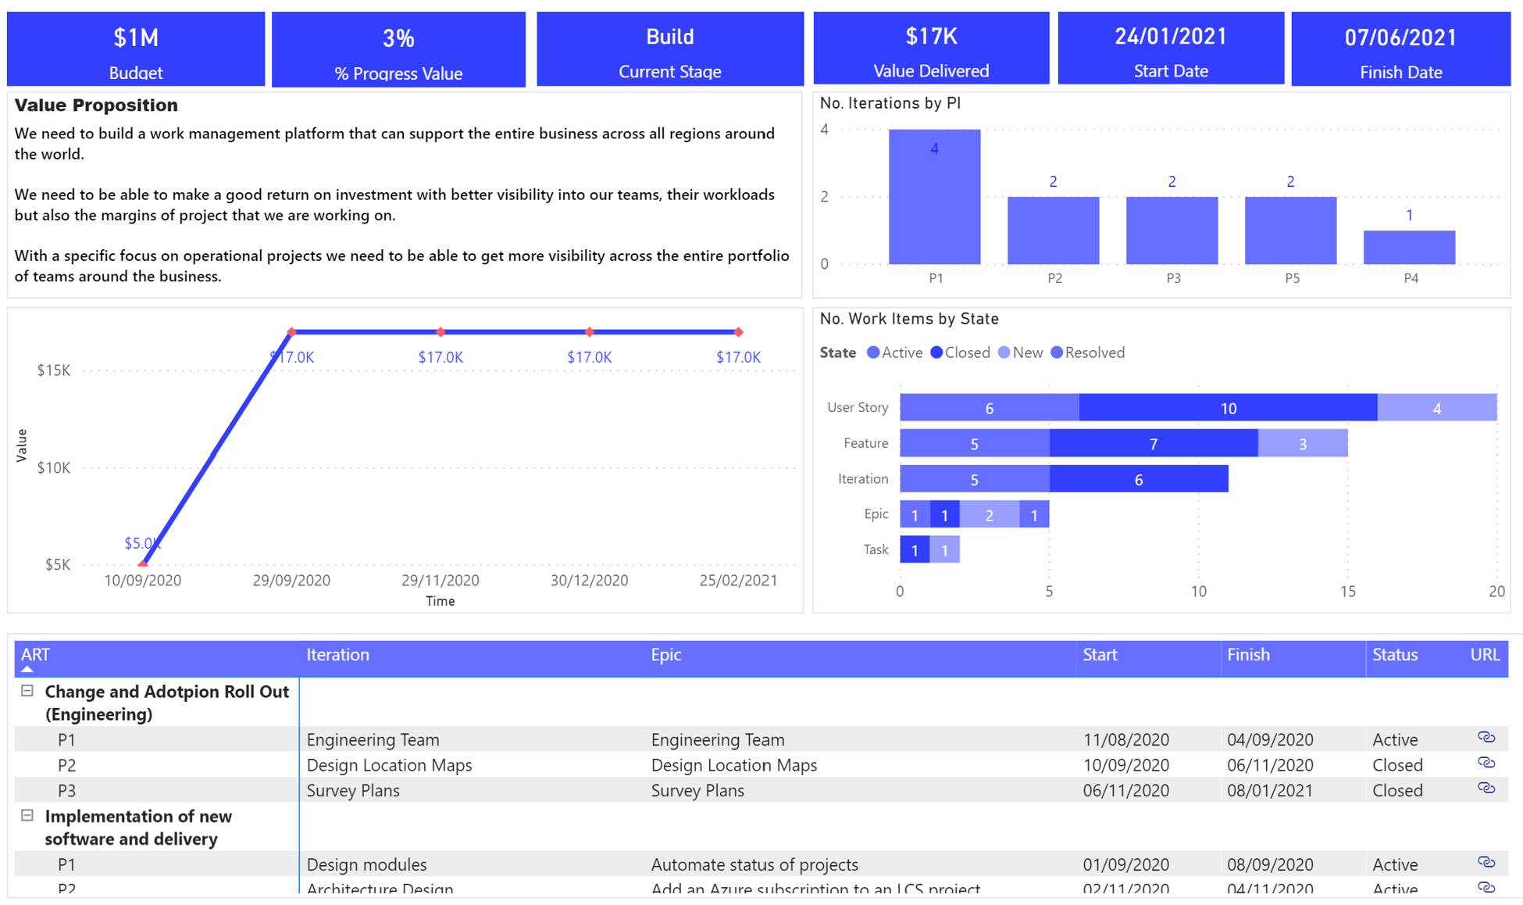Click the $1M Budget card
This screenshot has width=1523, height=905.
[x=136, y=48]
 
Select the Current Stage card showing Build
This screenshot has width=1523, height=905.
[x=669, y=48]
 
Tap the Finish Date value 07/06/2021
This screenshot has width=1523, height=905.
[x=1400, y=38]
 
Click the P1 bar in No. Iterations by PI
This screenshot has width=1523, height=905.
[x=934, y=197]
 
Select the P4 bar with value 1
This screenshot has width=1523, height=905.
[x=1409, y=247]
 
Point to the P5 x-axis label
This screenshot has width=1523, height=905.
[x=1292, y=278]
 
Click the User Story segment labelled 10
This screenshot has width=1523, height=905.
[x=1228, y=408]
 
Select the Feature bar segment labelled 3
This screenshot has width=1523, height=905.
[x=1302, y=443]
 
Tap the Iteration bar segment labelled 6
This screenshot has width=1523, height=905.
[x=1138, y=479]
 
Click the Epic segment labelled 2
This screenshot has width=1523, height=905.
[x=989, y=515]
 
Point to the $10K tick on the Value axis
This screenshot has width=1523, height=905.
[x=54, y=467]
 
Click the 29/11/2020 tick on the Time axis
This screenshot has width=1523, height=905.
[x=440, y=580]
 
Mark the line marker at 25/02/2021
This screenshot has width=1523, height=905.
[x=738, y=332]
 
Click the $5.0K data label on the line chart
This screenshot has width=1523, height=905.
[x=141, y=543]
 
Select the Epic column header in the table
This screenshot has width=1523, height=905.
[x=666, y=655]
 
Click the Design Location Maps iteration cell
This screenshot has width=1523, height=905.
[x=389, y=765]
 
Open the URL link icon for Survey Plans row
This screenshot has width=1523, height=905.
[x=1486, y=789]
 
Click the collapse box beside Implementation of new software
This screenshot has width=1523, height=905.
[x=27, y=816]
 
